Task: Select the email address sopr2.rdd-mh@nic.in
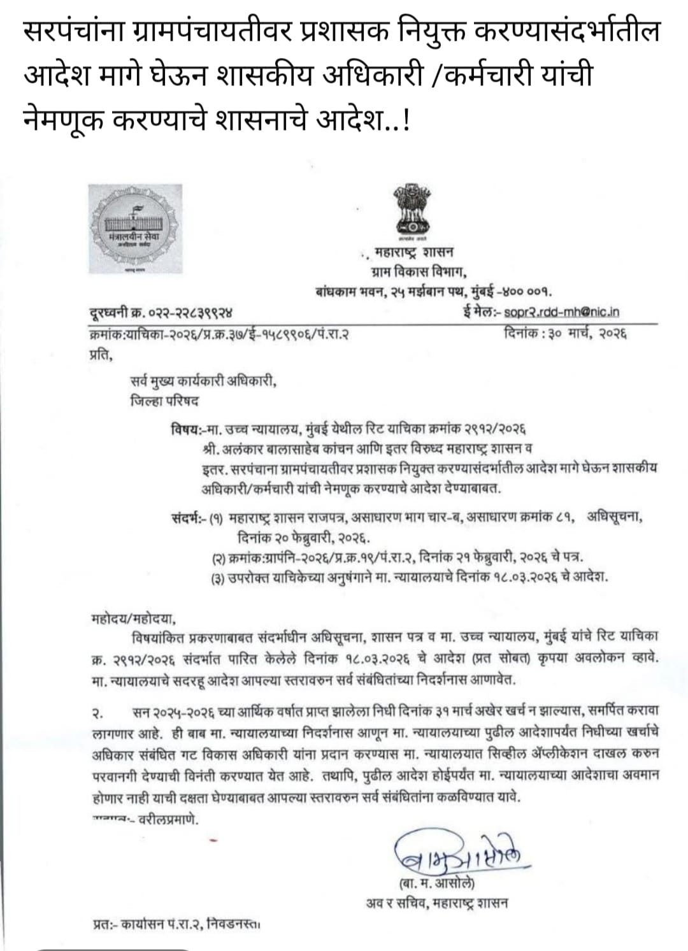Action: point(561,312)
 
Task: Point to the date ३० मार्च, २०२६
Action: point(565,332)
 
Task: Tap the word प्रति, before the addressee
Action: point(101,356)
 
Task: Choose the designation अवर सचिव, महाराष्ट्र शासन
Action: point(437,903)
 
